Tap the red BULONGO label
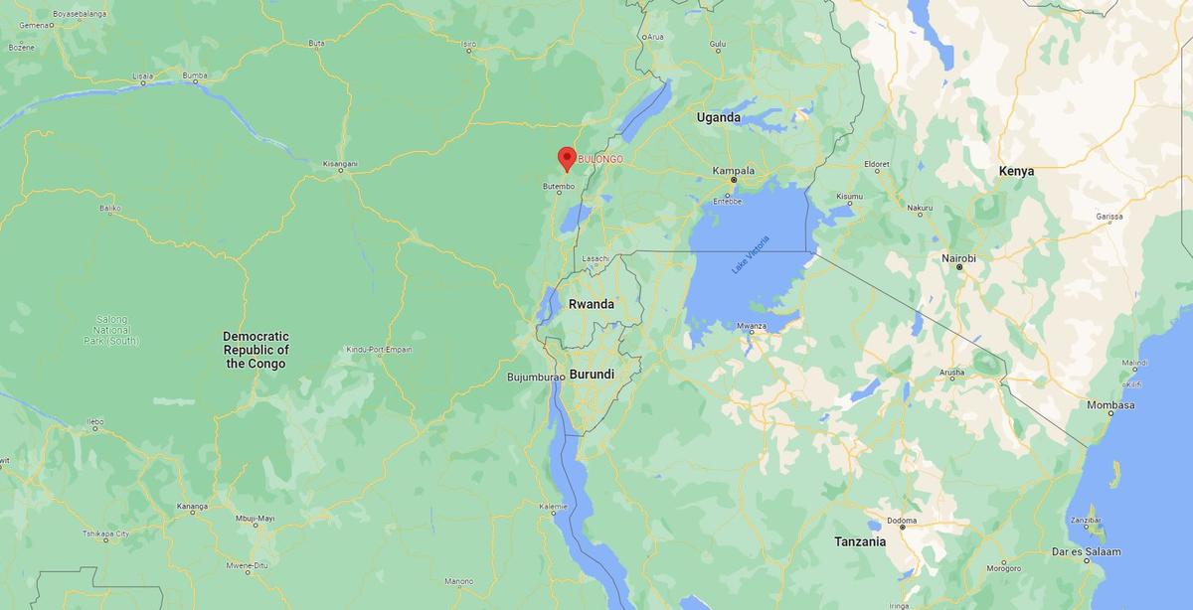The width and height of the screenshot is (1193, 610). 600,159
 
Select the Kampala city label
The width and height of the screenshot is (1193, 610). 734,171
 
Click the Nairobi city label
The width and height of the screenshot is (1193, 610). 959,258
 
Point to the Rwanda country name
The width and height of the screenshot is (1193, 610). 591,304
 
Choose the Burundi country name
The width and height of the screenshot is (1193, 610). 591,375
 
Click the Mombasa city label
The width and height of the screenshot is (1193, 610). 1110,405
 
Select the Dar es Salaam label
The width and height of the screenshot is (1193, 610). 1087,551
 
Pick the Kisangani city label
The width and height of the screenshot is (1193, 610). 340,164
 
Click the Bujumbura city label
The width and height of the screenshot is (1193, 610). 534,378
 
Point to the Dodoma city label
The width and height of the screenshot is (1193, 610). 902,522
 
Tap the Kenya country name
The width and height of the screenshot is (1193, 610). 1017,171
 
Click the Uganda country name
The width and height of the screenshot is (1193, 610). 718,117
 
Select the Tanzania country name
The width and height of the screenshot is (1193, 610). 860,541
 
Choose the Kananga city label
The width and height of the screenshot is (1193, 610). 192,507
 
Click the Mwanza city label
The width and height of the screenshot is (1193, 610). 752,326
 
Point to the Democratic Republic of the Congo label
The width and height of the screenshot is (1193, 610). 256,350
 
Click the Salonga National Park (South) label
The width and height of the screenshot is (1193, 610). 111,330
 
